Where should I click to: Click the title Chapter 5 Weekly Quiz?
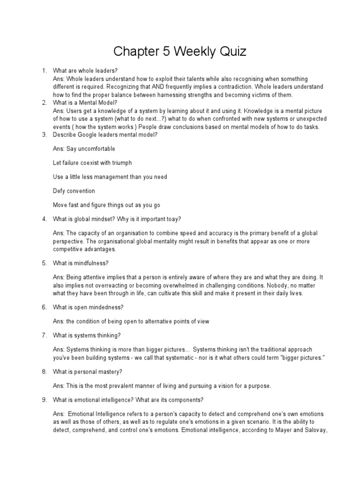point(180,52)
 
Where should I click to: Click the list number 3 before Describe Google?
point(44,135)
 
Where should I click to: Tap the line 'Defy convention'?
point(74,191)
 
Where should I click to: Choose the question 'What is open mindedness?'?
point(88,307)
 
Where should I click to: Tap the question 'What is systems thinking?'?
point(87,336)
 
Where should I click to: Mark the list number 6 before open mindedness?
point(44,307)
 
